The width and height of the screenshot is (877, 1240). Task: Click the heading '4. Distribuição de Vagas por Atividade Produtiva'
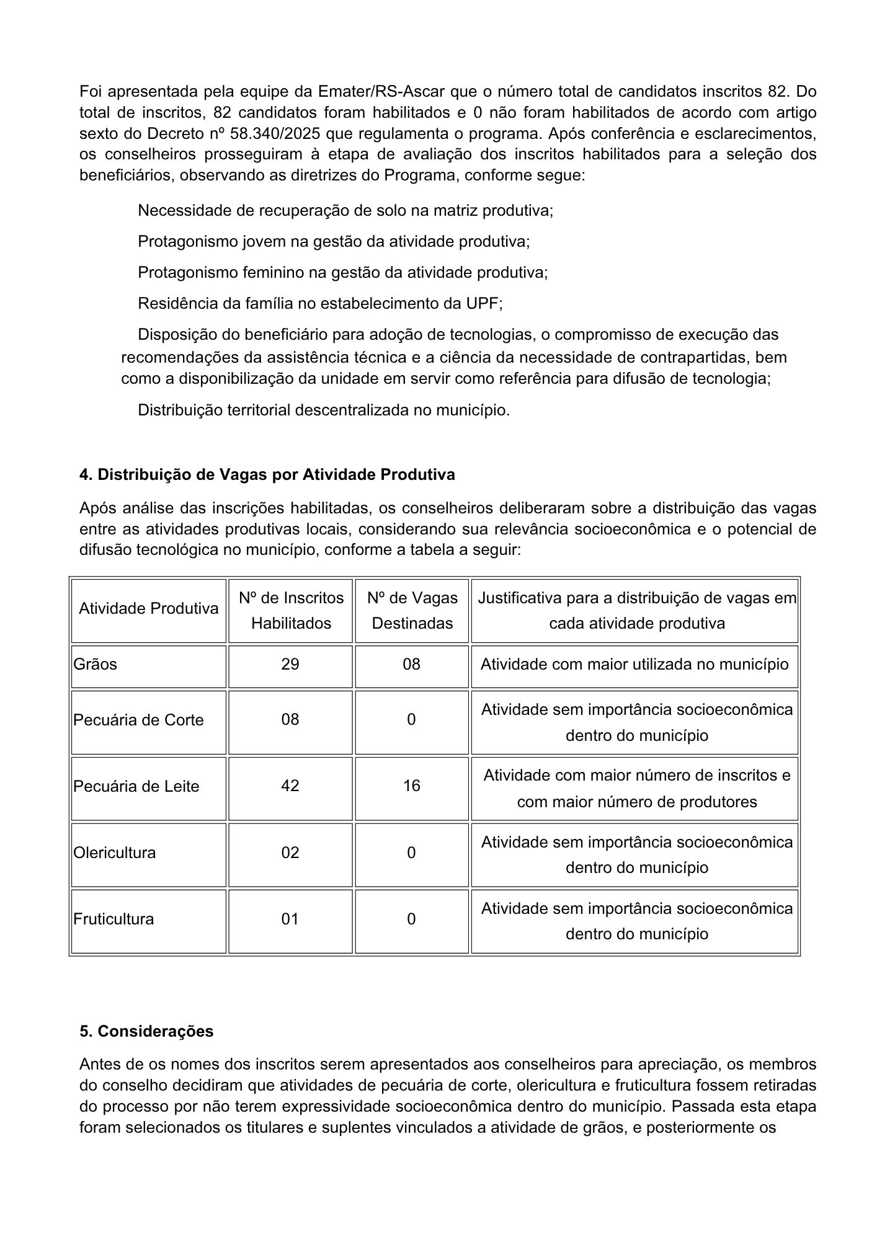(x=267, y=474)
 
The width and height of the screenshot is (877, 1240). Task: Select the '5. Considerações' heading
(x=146, y=1031)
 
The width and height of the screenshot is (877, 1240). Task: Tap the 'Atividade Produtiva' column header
(x=149, y=608)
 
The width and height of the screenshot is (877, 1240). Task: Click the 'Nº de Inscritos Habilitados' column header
(x=291, y=610)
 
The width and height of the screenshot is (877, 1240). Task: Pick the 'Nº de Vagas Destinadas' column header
(x=412, y=610)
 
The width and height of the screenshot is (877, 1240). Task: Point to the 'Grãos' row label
(x=96, y=664)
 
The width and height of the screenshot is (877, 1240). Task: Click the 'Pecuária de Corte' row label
(x=138, y=720)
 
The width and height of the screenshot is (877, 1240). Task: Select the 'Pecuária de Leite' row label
(x=136, y=786)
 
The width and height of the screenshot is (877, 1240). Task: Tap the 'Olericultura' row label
(x=115, y=852)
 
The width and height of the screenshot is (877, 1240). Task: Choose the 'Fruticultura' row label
(x=114, y=919)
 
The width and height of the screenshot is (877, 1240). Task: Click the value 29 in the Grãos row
(x=290, y=664)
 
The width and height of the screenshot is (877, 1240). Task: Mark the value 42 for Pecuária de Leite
(x=290, y=786)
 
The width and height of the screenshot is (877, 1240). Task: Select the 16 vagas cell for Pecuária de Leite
(x=412, y=786)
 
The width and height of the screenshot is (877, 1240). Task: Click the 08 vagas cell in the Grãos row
(x=412, y=664)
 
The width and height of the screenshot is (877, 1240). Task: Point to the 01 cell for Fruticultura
(x=290, y=919)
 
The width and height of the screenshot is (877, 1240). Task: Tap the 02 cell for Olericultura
(x=290, y=852)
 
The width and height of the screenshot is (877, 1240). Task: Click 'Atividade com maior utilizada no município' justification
(x=634, y=664)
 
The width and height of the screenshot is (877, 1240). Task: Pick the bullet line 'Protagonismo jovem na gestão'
(x=334, y=241)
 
